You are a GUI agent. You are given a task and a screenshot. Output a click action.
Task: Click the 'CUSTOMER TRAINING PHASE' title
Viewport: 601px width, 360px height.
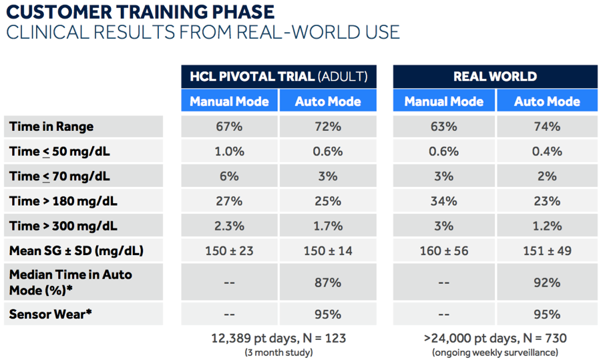(140, 12)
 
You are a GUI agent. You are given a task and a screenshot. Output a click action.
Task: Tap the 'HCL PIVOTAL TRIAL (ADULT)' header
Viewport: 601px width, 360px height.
(278, 76)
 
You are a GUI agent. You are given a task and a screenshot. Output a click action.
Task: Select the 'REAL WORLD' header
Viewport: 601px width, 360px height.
(495, 76)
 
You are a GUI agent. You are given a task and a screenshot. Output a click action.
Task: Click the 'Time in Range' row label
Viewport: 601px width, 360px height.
(51, 126)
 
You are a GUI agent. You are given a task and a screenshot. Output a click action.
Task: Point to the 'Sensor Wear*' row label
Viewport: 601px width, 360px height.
(51, 314)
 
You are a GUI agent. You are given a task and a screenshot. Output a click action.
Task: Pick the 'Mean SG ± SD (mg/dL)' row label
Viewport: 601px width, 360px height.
(76, 250)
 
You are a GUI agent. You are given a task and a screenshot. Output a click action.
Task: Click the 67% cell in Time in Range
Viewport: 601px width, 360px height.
(229, 126)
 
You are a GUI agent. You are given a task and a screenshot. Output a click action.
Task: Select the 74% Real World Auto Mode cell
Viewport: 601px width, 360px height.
(547, 126)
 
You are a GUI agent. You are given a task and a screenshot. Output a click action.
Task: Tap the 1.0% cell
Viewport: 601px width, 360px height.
(229, 152)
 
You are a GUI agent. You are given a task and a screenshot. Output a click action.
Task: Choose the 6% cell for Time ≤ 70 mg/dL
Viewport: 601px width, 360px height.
(229, 176)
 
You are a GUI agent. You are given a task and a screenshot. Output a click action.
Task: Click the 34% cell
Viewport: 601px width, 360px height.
(444, 201)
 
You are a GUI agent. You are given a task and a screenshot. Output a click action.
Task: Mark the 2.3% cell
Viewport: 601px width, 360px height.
(229, 226)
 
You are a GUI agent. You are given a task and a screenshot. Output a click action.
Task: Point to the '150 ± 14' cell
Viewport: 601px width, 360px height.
(328, 250)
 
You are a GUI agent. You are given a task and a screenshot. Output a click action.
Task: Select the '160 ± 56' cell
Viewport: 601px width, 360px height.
(444, 250)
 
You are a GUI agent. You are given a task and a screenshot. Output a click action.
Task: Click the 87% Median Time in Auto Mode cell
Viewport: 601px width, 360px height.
(328, 283)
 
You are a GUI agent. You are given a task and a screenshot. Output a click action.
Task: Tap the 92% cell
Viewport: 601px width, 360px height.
(547, 283)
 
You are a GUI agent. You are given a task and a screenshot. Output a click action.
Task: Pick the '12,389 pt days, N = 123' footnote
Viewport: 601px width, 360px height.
(278, 338)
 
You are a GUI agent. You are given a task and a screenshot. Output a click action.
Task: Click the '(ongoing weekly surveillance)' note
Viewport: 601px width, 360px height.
(495, 353)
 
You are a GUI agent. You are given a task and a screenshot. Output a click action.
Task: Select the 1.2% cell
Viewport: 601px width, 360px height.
(547, 226)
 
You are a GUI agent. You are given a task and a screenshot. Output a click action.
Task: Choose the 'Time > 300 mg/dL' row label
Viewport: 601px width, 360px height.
(63, 226)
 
